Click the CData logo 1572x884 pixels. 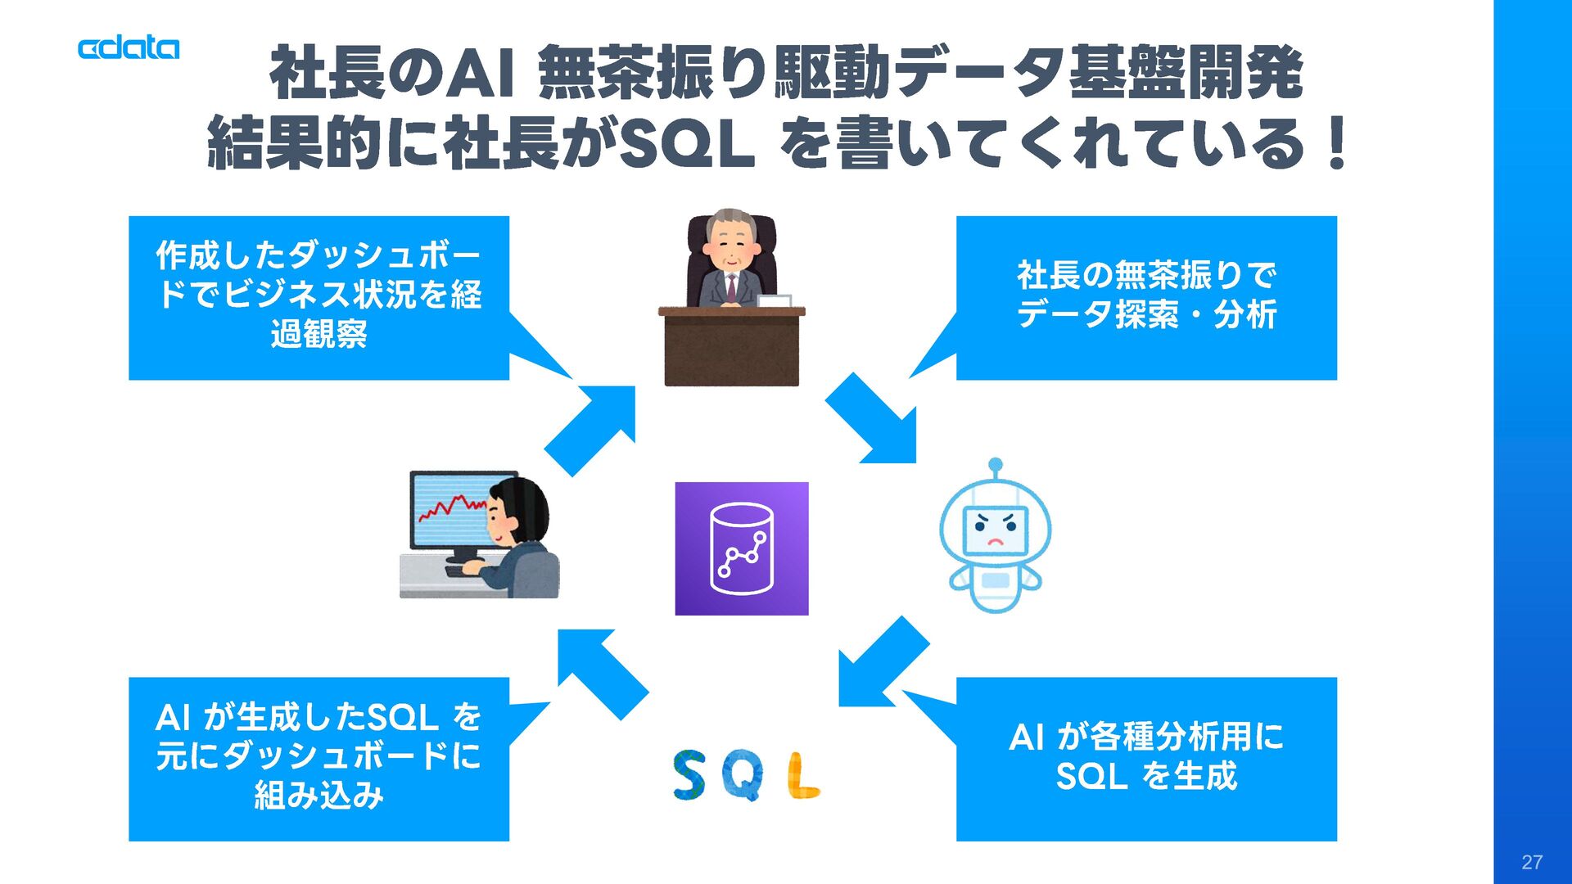(129, 48)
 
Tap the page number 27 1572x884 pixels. (1531, 862)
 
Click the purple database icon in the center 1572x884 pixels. (741, 548)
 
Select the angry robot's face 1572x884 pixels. (994, 530)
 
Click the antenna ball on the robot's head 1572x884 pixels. (995, 464)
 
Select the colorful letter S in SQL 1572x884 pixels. (689, 775)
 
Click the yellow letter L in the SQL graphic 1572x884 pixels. (802, 775)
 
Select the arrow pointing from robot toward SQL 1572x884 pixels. (880, 664)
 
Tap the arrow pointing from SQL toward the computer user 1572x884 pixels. (601, 671)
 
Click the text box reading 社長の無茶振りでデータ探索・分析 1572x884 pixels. (1146, 297)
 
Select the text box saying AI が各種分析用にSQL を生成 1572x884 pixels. (1146, 758)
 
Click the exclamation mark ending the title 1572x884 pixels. (1338, 143)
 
